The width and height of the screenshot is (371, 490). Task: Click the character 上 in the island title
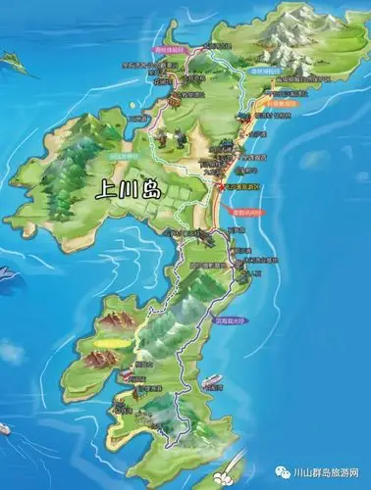click(x=103, y=192)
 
